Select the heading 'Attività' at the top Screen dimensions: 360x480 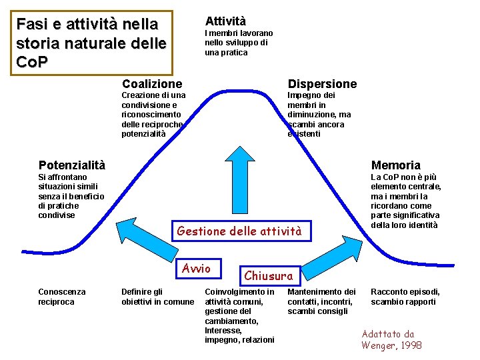tap(225, 21)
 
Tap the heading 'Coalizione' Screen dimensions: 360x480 tap(152, 83)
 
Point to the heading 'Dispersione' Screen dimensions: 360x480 tap(322, 83)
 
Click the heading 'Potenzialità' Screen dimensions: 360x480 tap(72, 165)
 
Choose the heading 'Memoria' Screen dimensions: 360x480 tap(395, 165)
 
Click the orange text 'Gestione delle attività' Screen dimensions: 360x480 tap(239, 231)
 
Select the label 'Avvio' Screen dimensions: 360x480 tap(197, 269)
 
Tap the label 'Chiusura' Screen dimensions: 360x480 tap(268, 275)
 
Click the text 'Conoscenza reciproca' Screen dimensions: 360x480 tap(62, 297)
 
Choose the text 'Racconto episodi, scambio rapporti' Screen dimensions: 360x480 tap(404, 297)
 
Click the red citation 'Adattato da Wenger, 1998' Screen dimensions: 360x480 tap(391, 339)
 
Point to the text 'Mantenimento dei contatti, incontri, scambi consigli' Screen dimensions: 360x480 tap(321, 301)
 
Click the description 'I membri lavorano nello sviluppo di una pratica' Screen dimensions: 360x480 tap(239, 43)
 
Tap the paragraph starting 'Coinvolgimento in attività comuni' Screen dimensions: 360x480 tap(239, 316)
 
